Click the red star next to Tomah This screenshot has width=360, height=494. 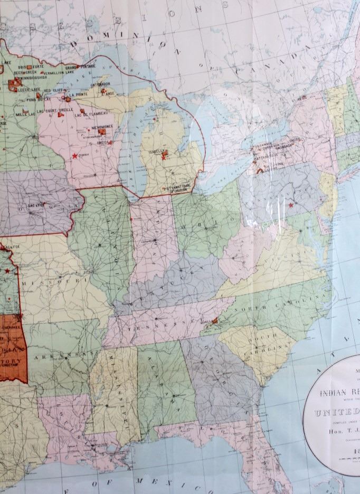click(74, 156)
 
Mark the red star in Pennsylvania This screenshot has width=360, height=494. click(290, 205)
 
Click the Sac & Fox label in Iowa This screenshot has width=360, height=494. click(36, 204)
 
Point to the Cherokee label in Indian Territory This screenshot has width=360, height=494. click(11, 326)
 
